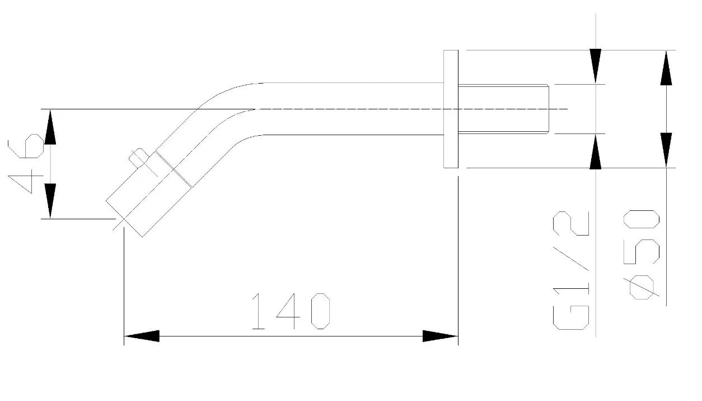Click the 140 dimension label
pyautogui.click(x=291, y=311)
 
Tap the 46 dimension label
pyautogui.click(x=26, y=163)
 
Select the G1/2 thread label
pyautogui.click(x=571, y=271)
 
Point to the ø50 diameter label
pyautogui.click(x=642, y=255)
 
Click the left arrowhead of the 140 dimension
pyautogui.click(x=142, y=336)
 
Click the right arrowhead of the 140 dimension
pyautogui.click(x=441, y=336)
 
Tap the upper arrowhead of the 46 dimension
pyautogui.click(x=50, y=127)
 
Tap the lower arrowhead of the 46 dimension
pyautogui.click(x=50, y=201)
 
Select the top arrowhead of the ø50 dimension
pyautogui.click(x=666, y=68)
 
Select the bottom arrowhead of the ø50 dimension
pyautogui.click(x=666, y=150)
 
